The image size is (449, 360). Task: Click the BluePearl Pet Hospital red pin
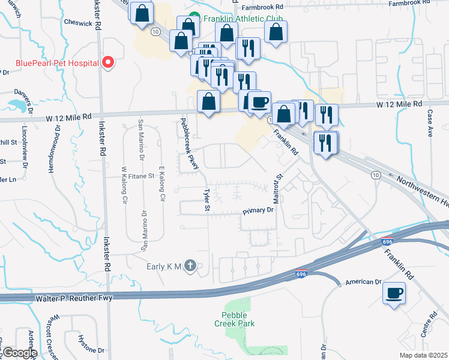108,62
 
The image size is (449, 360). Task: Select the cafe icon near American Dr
394,293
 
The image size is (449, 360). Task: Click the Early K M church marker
190,266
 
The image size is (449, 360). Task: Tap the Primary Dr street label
258,211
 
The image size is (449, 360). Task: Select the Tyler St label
207,200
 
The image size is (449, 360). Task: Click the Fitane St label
142,176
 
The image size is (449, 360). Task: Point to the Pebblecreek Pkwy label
189,143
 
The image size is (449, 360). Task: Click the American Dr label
364,282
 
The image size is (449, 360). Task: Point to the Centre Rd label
433,324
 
